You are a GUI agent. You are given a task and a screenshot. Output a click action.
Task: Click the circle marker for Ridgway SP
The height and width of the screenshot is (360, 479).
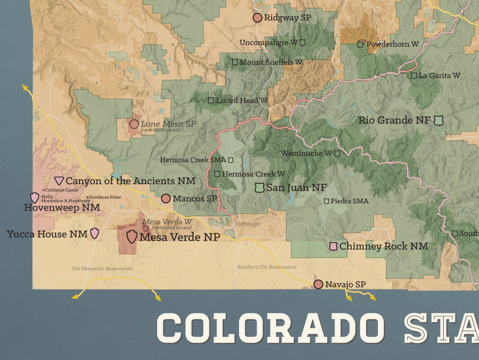[x=257, y=18]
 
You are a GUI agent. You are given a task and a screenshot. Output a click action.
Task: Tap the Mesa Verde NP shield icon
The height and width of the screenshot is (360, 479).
[x=132, y=236]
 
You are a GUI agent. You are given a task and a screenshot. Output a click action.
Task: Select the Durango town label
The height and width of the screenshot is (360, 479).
[x=247, y=224]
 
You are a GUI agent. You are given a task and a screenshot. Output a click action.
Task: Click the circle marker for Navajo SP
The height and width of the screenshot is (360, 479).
[x=318, y=284]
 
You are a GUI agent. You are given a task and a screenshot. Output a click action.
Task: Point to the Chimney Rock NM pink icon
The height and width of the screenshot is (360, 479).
[x=333, y=246]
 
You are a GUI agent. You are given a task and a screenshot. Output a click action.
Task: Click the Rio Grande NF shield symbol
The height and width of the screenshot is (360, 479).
[x=438, y=120]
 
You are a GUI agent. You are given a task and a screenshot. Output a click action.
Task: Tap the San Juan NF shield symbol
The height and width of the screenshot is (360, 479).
[x=260, y=188]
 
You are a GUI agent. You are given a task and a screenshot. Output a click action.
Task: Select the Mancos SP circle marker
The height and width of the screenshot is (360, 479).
[x=166, y=198]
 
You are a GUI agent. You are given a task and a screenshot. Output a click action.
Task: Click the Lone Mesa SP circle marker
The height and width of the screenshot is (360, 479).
[x=134, y=124]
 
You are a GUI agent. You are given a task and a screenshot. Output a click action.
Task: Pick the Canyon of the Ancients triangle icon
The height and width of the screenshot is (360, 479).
[x=59, y=181]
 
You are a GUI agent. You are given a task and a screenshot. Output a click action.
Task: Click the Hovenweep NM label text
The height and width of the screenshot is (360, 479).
[x=62, y=208]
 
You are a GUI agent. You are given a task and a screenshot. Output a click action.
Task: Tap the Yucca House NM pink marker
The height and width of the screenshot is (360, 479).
[x=95, y=233]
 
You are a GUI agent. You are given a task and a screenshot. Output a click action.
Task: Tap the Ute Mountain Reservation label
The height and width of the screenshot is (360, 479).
[x=103, y=268]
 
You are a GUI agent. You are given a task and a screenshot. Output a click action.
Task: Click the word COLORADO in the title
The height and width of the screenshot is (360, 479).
[x=271, y=328]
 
